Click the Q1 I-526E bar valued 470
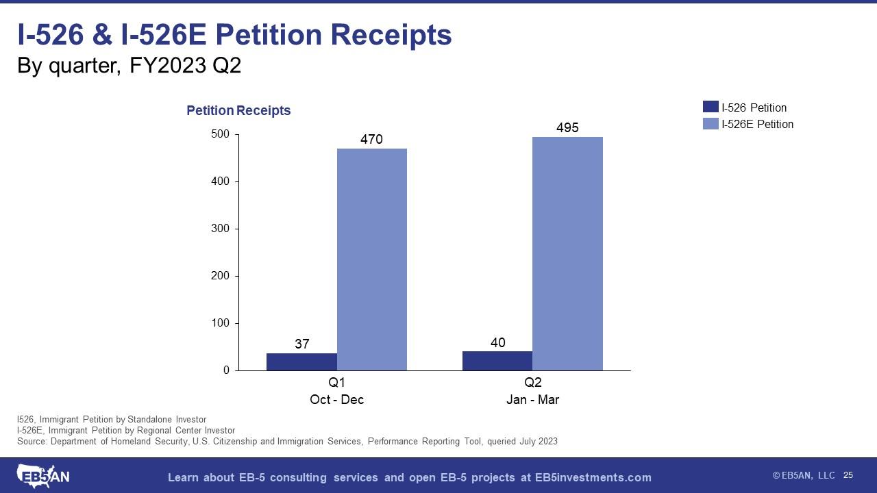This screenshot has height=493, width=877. [x=371, y=260]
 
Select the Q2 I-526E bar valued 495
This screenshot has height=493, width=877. [x=567, y=253]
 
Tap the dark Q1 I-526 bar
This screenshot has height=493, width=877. [x=301, y=362]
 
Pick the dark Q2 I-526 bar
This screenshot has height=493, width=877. [x=497, y=361]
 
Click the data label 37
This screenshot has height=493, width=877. [x=302, y=344]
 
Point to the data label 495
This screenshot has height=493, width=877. [x=567, y=127]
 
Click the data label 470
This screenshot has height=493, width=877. [x=371, y=140]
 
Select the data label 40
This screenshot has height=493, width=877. [x=498, y=342]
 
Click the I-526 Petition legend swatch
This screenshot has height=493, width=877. [x=711, y=108]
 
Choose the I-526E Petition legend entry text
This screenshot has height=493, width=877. [x=757, y=124]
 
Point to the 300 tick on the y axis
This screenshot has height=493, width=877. [x=220, y=229]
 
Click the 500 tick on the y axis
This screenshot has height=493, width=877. [x=220, y=134]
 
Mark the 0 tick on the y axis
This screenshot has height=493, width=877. [x=225, y=370]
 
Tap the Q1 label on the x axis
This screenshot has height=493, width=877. [x=336, y=383]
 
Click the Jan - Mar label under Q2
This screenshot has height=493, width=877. [x=532, y=400]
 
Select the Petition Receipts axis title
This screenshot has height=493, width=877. [x=238, y=110]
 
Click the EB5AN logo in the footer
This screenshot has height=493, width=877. [x=42, y=476]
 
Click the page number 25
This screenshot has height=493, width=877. [x=848, y=475]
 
